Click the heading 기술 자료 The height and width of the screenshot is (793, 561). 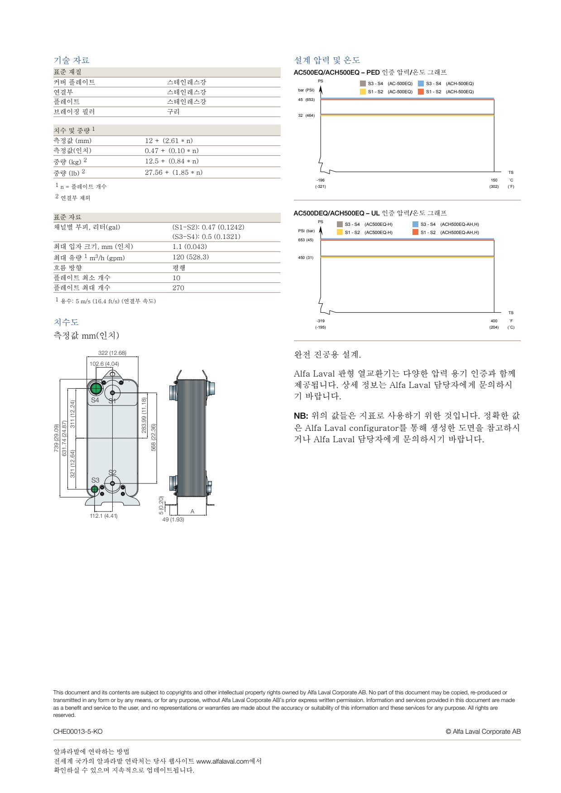pyautogui.click(x=72, y=60)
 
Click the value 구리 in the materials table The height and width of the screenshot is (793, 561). pyautogui.click(x=173, y=111)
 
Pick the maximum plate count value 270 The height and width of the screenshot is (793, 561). pyautogui.click(x=178, y=288)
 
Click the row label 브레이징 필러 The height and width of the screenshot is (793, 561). pyautogui.click(x=74, y=111)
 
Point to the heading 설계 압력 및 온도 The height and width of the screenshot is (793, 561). pyautogui.click(x=327, y=60)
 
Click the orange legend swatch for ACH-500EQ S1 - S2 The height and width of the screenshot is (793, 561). pyautogui.click(x=421, y=91)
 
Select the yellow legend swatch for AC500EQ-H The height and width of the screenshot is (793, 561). pyautogui.click(x=340, y=232)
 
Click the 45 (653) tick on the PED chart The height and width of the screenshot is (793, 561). pyautogui.click(x=306, y=100)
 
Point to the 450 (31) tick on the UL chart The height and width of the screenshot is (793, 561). pyautogui.click(x=306, y=258)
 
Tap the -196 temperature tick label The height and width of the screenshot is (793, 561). pyautogui.click(x=321, y=180)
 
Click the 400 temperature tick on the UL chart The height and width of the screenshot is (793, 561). pyautogui.click(x=494, y=321)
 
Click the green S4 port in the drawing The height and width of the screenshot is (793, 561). pyautogui.click(x=96, y=388)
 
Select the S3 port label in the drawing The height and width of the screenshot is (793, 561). pyautogui.click(x=95, y=480)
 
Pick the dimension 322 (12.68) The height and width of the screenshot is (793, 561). pyautogui.click(x=112, y=353)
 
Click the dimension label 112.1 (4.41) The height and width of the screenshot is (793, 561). pyautogui.click(x=104, y=516)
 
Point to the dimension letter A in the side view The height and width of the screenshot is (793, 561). pyautogui.click(x=192, y=511)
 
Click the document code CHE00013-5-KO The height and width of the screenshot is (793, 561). pyautogui.click(x=78, y=731)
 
